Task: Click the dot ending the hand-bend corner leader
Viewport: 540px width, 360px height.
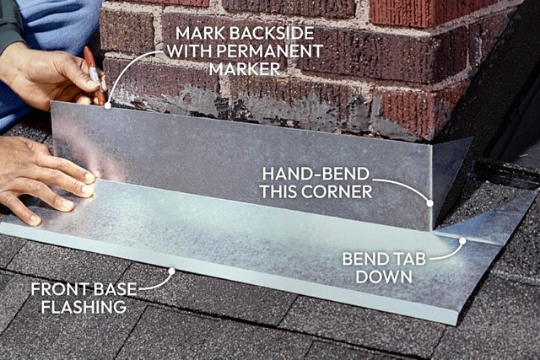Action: pos(429,203)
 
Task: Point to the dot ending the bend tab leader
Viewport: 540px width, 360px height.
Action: pos(462,240)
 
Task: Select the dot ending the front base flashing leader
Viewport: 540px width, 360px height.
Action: pos(172,271)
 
